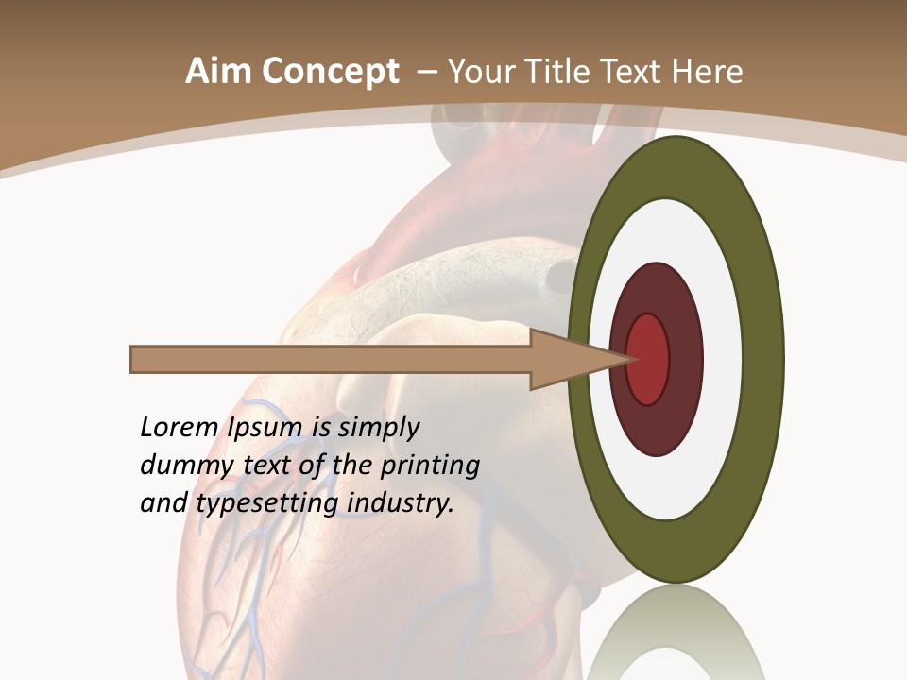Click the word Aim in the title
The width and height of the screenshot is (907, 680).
(x=218, y=72)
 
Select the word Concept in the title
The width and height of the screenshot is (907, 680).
(x=329, y=72)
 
